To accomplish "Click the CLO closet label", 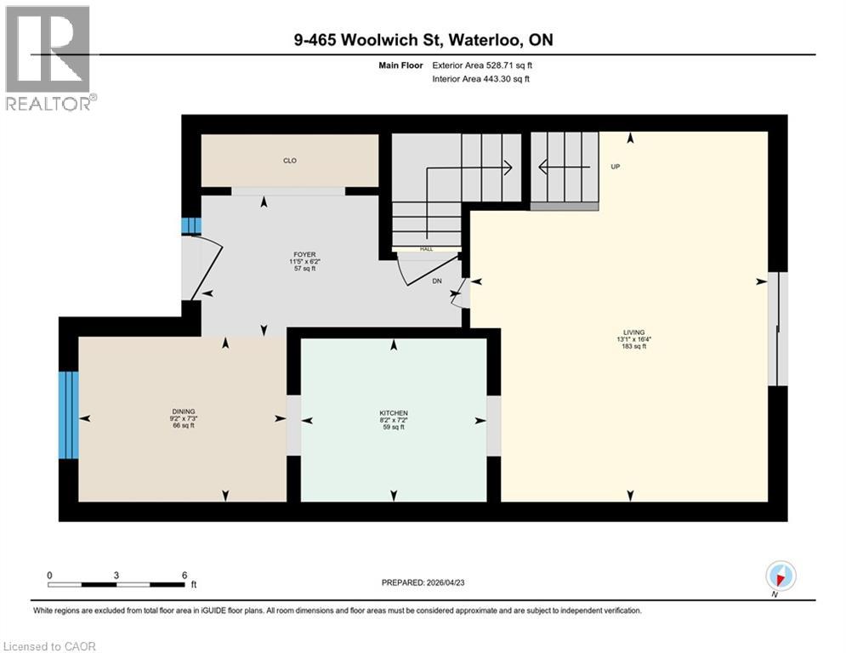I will [290, 160].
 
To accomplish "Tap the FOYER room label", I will [304, 254].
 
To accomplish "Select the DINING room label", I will [182, 412].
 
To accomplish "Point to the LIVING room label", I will [633, 332].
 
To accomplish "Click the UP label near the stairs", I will [615, 167].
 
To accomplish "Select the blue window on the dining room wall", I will [68, 414].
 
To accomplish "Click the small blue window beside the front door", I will [191, 225].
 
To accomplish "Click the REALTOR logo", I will [48, 58].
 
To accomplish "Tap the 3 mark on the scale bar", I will [116, 575].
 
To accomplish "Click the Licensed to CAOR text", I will [49, 646].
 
